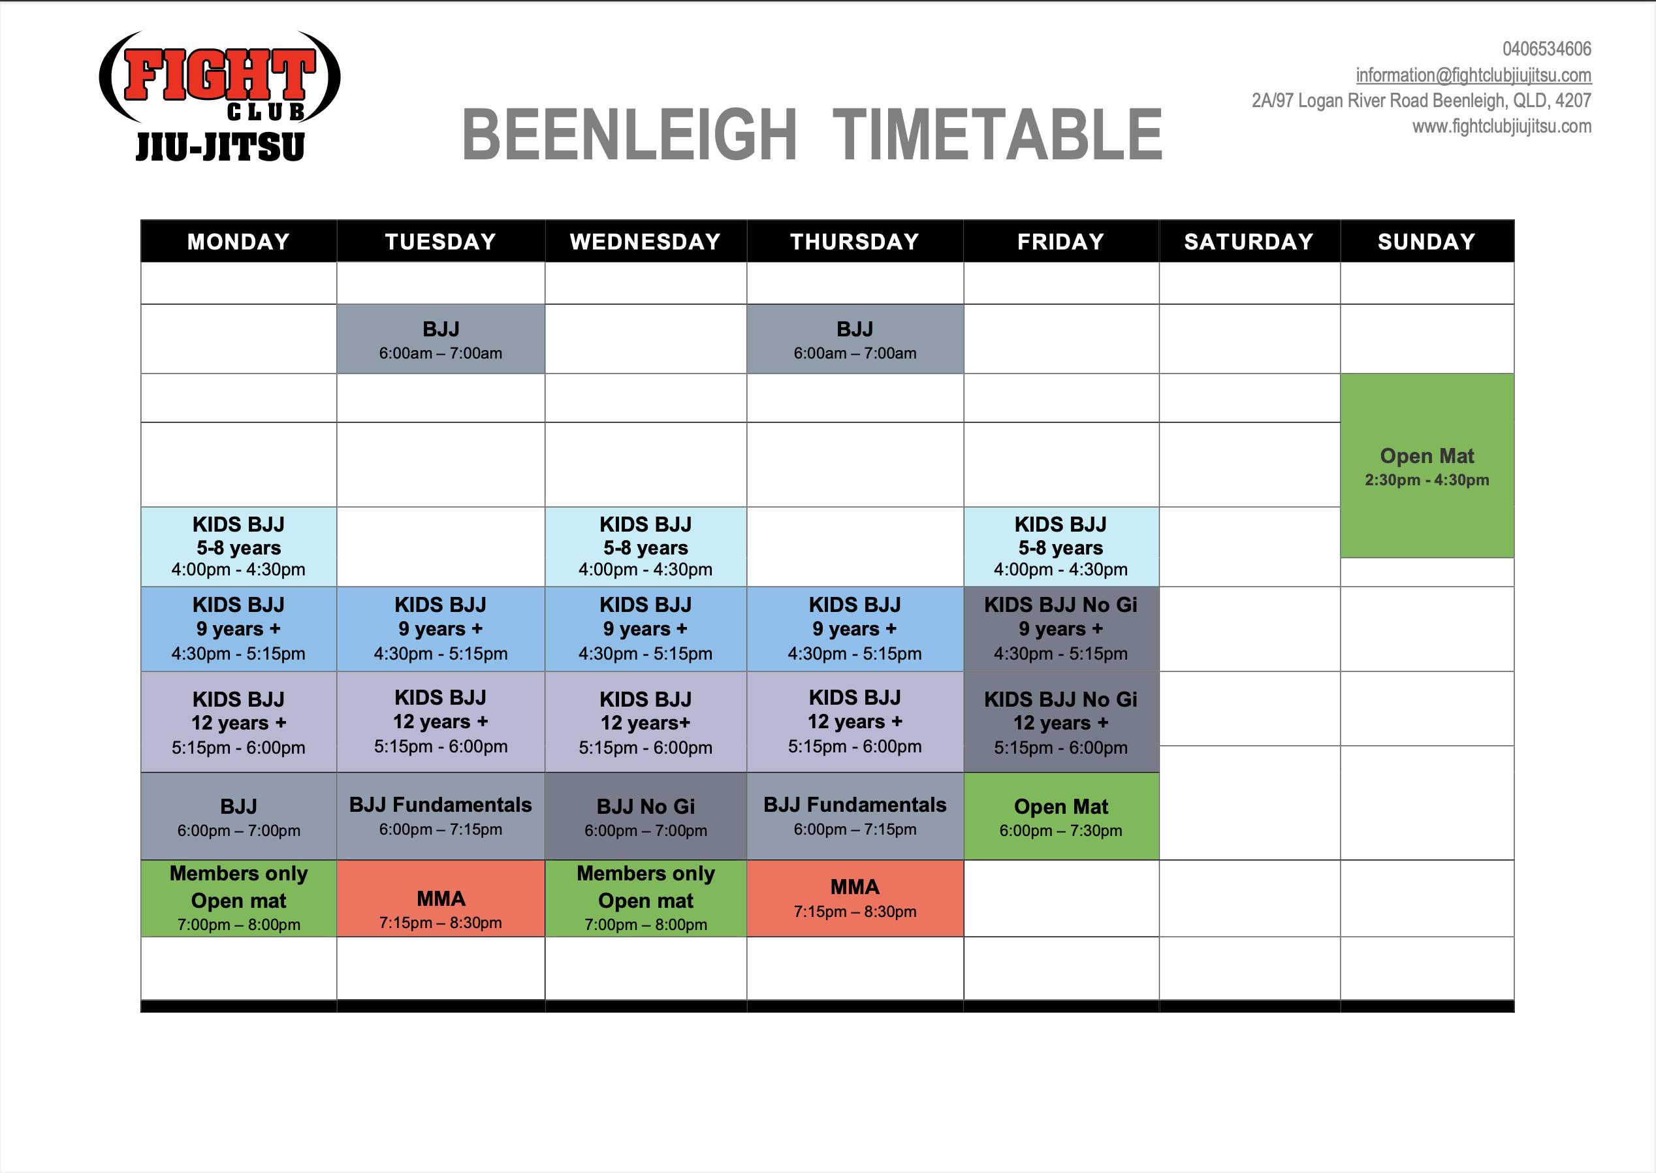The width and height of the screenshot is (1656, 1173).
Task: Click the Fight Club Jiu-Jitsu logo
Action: pyautogui.click(x=219, y=96)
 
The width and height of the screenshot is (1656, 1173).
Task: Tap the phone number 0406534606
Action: pyautogui.click(x=1546, y=49)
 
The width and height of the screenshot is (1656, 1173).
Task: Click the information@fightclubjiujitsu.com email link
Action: pyautogui.click(x=1473, y=75)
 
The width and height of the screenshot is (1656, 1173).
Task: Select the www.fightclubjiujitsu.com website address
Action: pyautogui.click(x=1501, y=127)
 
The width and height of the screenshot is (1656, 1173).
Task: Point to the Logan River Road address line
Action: pyautogui.click(x=1422, y=101)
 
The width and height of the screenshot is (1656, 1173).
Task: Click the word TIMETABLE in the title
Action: pyautogui.click(x=997, y=135)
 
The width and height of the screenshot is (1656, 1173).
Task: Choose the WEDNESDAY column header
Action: pyautogui.click(x=646, y=241)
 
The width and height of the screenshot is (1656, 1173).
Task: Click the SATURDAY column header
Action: pyautogui.click(x=1249, y=241)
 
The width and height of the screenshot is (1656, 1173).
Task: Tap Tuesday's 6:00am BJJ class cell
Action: pyautogui.click(x=441, y=339)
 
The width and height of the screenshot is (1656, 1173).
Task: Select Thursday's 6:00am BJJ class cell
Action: pyautogui.click(x=855, y=339)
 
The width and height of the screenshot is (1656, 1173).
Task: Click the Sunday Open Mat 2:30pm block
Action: pyautogui.click(x=1427, y=466)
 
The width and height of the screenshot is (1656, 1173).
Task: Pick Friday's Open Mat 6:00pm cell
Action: pyautogui.click(x=1061, y=816)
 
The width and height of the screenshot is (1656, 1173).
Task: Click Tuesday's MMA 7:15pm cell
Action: pyautogui.click(x=441, y=899)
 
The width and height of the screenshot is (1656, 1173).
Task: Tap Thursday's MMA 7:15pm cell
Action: pyautogui.click(x=855, y=899)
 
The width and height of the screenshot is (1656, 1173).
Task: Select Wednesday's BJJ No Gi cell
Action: pyautogui.click(x=646, y=816)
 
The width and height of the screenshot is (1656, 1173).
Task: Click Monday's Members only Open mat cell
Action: pyautogui.click(x=238, y=899)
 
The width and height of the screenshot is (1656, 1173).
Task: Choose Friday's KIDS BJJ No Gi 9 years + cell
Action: pyautogui.click(x=1061, y=629)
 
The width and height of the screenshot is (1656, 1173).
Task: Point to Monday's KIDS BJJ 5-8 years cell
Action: pyautogui.click(x=238, y=547)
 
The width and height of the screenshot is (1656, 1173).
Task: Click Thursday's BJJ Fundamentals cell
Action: pyautogui.click(x=855, y=816)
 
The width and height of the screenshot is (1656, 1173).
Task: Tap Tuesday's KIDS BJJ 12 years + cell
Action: pyautogui.click(x=441, y=722)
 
